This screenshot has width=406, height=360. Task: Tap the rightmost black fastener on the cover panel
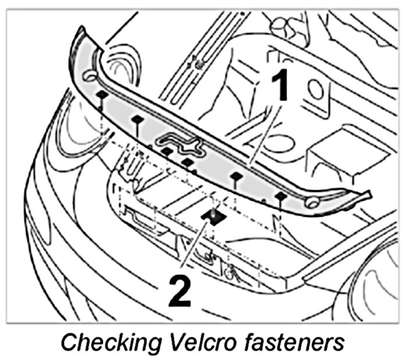point(280,196)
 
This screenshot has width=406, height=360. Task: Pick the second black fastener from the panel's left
point(137,119)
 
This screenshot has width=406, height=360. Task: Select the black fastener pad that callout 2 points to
point(212,216)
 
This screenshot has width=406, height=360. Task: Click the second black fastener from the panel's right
point(236,176)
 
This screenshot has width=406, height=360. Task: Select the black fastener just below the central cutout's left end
point(167,151)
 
